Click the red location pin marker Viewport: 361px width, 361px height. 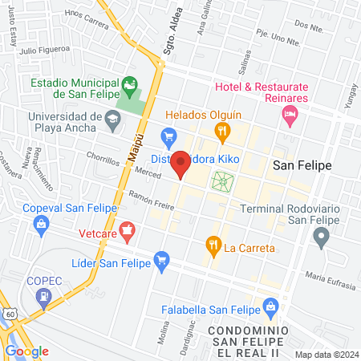(181, 164)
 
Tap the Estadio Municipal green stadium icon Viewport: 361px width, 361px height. (128, 84)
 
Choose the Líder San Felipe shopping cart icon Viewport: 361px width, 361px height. (162, 259)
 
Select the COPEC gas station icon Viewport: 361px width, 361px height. (41, 298)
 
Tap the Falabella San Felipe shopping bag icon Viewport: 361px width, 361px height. (271, 306)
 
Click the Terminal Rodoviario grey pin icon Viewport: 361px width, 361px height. (321, 236)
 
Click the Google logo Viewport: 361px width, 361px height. (26, 351)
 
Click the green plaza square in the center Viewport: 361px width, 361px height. (221, 181)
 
